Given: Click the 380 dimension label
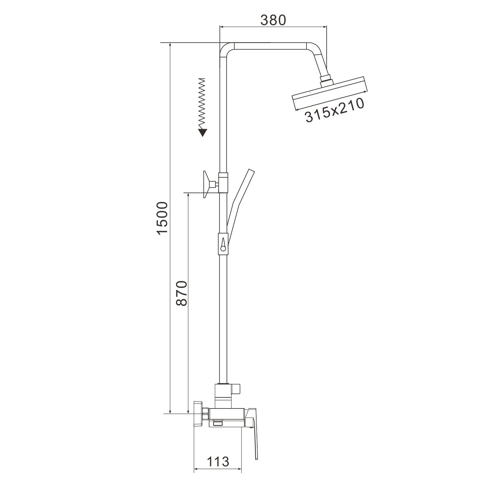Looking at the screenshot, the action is [x=273, y=20].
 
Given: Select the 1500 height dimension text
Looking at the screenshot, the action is [x=162, y=218].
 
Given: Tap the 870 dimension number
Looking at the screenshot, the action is [x=181, y=293].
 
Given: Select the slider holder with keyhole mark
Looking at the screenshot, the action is [x=223, y=243].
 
